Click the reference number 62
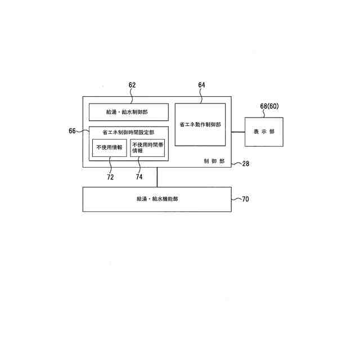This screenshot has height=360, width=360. (x=132, y=85)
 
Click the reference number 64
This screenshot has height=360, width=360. (x=202, y=85)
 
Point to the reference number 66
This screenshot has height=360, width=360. (x=73, y=130)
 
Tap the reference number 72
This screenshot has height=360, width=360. (x=110, y=177)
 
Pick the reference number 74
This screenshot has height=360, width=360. (x=138, y=177)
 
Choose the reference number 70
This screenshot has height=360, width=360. (x=246, y=199)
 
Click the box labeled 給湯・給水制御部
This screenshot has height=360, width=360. (x=129, y=112)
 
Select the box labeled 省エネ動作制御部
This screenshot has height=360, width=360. (x=200, y=124)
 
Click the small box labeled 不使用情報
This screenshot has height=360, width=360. (x=109, y=147)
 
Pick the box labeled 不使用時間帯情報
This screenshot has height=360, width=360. (x=147, y=147)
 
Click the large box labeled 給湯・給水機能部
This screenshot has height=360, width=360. (x=157, y=199)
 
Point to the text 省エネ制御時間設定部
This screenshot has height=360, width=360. (x=128, y=132)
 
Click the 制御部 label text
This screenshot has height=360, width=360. (x=214, y=161)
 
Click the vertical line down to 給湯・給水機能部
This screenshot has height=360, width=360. (x=157, y=177)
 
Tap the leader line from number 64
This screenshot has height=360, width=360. (x=201, y=96)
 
